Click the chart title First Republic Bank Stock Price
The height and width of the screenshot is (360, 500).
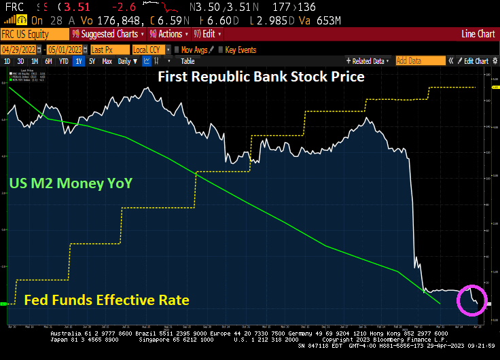click(261, 76)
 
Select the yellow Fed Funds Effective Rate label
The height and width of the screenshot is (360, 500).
click(107, 300)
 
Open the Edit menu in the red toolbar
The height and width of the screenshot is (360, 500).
click(207, 34)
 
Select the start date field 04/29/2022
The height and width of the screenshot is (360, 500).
click(19, 50)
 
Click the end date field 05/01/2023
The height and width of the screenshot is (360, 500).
click(66, 50)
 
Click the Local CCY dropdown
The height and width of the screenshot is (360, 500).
click(149, 50)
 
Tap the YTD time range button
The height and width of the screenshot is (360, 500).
click(63, 61)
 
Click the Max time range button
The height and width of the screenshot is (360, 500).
click(107, 61)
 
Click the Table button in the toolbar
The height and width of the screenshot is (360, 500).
click(187, 61)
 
